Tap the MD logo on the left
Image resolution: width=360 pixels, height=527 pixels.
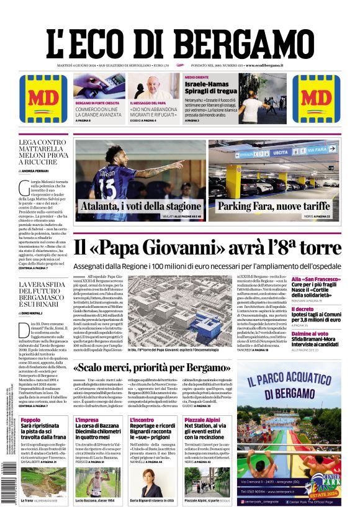click(x=39, y=99)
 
